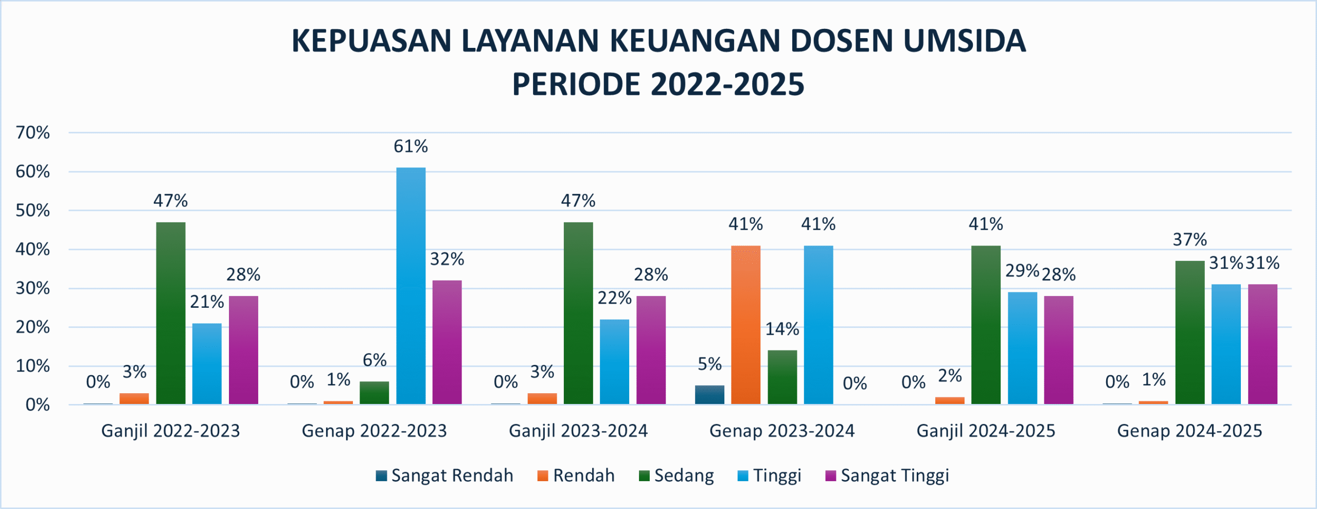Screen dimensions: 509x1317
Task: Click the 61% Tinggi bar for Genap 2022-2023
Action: coord(411,286)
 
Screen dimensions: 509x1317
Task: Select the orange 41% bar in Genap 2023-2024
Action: coord(745,325)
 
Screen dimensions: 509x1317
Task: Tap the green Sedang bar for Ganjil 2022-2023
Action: coord(171,313)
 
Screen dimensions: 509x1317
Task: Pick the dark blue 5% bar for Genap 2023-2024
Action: coord(709,395)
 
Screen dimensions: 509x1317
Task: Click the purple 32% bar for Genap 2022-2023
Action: coord(447,342)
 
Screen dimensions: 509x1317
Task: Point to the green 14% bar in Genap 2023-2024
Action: coord(782,377)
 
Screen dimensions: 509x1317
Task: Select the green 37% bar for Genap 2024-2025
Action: coord(1189,332)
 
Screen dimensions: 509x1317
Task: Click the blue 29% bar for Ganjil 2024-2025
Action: coord(1022,348)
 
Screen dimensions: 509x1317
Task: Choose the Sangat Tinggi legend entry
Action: coord(887,476)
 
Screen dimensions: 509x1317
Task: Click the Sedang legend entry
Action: coord(677,476)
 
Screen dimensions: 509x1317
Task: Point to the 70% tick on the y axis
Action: coord(33,133)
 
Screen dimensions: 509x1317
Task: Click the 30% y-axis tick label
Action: coord(33,288)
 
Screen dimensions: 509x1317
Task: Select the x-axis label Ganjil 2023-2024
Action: coord(578,431)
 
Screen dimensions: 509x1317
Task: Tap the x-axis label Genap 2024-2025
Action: coord(1189,431)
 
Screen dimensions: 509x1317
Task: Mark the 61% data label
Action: coord(411,147)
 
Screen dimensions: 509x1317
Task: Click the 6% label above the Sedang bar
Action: coord(375,360)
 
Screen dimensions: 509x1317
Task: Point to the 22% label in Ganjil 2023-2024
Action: coord(614,298)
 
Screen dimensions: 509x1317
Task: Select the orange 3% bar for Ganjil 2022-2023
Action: coord(134,398)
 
